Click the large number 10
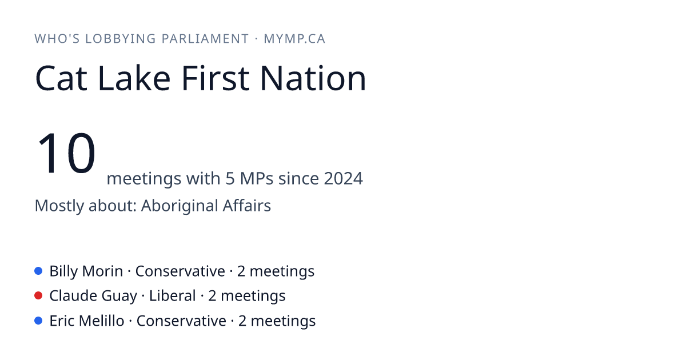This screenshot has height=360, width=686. pos(66,153)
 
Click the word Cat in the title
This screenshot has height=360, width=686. pos(61,78)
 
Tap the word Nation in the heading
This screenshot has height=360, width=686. pos(313,78)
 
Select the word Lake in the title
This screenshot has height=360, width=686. pos(134,78)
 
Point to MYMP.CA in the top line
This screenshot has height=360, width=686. pos(294,39)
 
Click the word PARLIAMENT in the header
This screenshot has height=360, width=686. pos(205,39)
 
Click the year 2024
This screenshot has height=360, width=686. pos(344,178)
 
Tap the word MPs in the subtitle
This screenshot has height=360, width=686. pos(256,178)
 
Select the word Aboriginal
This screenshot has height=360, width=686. pos(179,206)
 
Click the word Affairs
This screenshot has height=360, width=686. pos(247,205)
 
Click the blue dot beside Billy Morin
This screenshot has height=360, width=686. pos(38,271)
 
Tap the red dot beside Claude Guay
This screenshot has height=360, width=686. pos(38,296)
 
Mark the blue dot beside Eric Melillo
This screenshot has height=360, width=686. pos(38,321)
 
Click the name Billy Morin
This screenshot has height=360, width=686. pos(86,271)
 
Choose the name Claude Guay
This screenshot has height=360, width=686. pos(93,297)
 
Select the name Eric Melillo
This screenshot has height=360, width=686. pos(87,321)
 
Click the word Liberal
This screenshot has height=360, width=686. pos(173,296)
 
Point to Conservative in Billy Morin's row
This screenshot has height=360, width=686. pos(180,271)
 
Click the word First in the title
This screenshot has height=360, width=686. pos(216,78)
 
